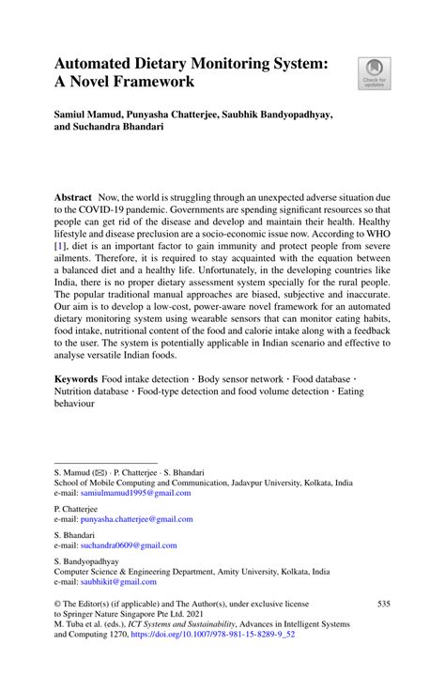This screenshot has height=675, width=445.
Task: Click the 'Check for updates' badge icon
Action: click(375, 73)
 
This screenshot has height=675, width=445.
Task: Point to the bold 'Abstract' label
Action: click(72, 199)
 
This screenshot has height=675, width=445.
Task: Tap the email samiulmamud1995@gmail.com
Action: click(134, 492)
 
